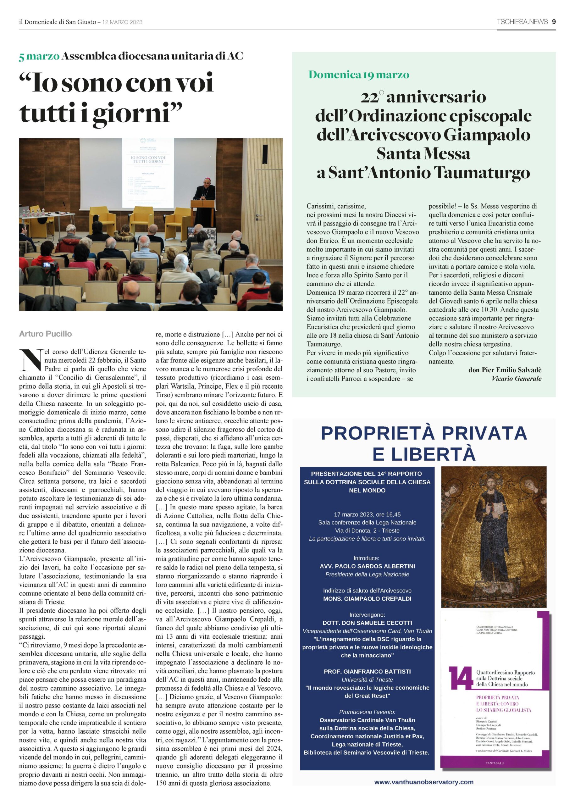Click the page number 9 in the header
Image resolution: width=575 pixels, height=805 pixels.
553,22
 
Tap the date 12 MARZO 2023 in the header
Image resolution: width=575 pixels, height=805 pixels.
122,22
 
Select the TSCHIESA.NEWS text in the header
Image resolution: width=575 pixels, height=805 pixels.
522,22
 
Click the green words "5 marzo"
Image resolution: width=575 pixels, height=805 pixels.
39,56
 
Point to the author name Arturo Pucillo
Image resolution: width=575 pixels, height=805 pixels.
45,334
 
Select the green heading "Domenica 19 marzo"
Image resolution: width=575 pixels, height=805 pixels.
359,75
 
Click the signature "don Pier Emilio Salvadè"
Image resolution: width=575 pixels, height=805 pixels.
505,370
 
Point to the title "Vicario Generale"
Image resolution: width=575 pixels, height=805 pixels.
516,378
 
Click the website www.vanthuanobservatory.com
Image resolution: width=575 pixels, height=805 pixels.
423,782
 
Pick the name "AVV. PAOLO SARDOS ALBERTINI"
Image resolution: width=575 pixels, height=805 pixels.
367,566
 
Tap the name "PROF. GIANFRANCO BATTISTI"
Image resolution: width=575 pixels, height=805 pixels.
367,671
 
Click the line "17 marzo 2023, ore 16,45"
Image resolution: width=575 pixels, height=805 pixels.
367,514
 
